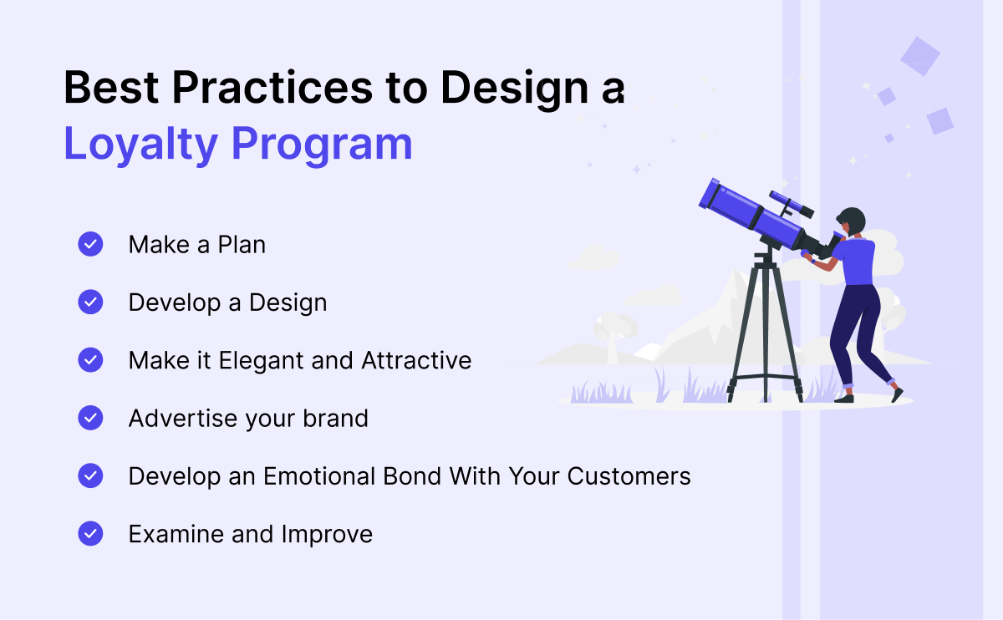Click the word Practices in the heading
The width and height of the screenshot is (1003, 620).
(x=272, y=88)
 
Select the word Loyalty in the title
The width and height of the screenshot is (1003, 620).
(x=140, y=145)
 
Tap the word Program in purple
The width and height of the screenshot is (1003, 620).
(x=322, y=145)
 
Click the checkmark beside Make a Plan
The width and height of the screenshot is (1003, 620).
(x=90, y=244)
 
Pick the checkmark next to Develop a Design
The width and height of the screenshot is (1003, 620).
(x=90, y=302)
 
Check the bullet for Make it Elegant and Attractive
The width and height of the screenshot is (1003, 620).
(x=90, y=360)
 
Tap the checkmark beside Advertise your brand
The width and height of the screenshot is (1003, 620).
(x=90, y=418)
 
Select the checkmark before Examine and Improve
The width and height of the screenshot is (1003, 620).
(x=90, y=534)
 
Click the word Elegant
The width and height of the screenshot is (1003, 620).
(x=261, y=361)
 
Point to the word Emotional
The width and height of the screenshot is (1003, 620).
(x=318, y=475)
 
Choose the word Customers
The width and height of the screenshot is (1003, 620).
(x=629, y=475)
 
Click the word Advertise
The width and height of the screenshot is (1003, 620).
(x=183, y=418)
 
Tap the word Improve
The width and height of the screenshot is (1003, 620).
(x=327, y=535)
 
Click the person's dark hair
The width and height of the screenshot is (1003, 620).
(x=853, y=219)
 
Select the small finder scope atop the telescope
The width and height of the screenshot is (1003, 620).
(x=792, y=204)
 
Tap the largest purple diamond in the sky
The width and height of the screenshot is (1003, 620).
(x=920, y=57)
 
